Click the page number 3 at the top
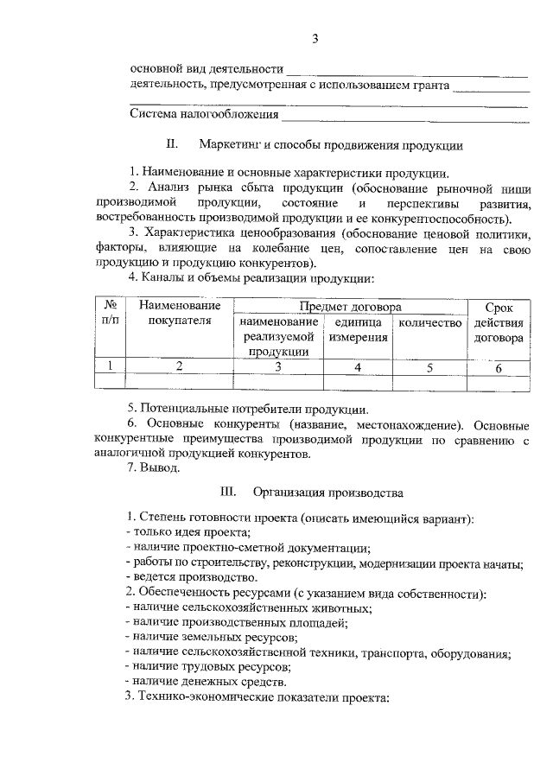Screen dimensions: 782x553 (315, 38)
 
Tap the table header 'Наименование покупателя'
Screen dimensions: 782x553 (180, 315)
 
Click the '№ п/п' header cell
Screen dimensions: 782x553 (111, 314)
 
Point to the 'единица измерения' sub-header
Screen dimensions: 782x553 (357, 330)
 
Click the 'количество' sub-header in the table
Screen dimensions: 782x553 (429, 323)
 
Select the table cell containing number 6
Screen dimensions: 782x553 (499, 367)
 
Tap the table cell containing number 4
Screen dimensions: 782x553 (357, 367)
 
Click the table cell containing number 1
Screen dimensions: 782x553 (111, 366)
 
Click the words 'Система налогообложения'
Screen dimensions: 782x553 (204, 114)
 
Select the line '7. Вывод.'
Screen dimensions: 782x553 (154, 468)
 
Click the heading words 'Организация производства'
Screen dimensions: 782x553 (327, 493)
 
